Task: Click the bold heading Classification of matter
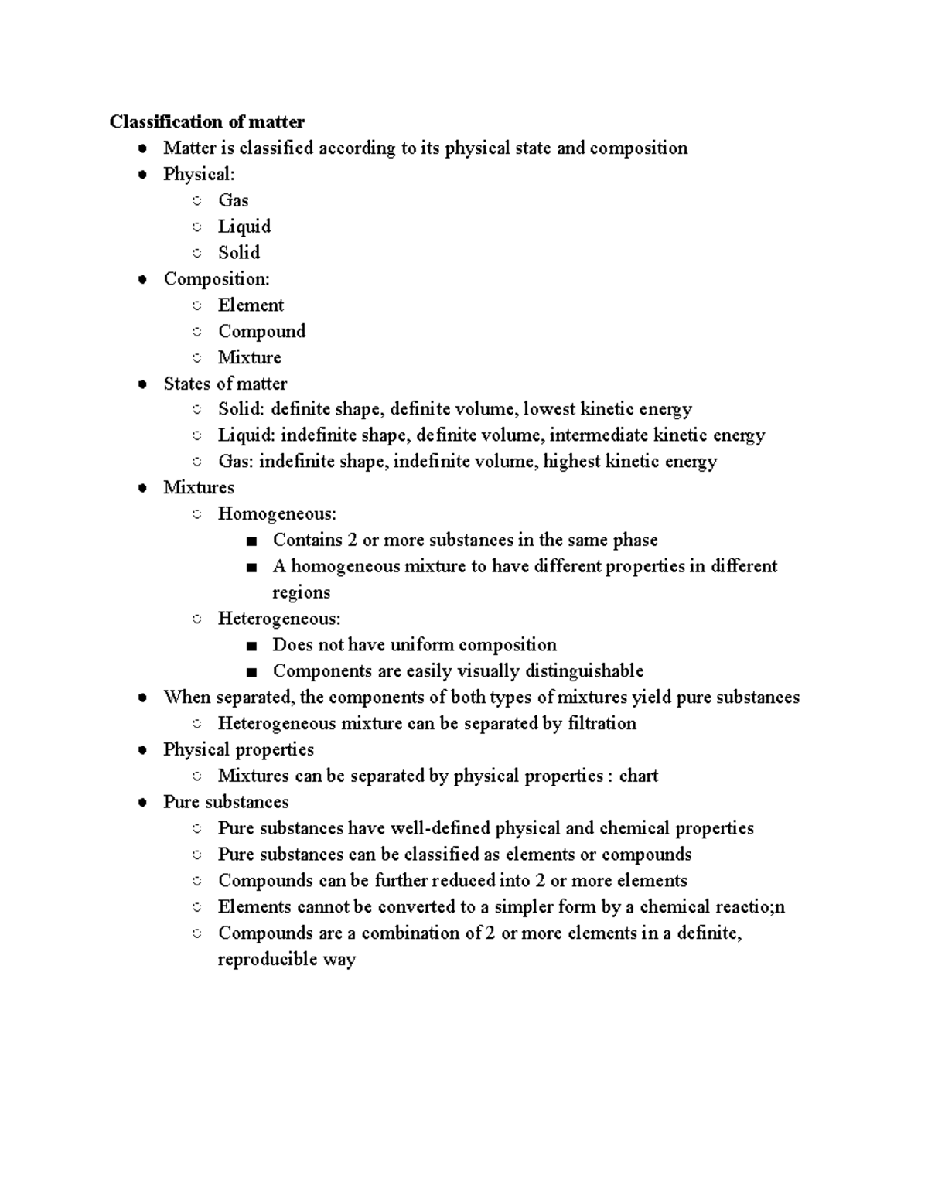(x=206, y=121)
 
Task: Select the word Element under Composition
(x=251, y=305)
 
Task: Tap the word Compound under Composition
(x=261, y=332)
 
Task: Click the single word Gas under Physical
(x=233, y=200)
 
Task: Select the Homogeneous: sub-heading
(x=277, y=514)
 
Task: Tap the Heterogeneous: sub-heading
(x=279, y=619)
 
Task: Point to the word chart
(x=638, y=776)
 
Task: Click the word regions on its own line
(x=301, y=593)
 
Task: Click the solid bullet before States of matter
(x=142, y=384)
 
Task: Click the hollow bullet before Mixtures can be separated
(x=197, y=776)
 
